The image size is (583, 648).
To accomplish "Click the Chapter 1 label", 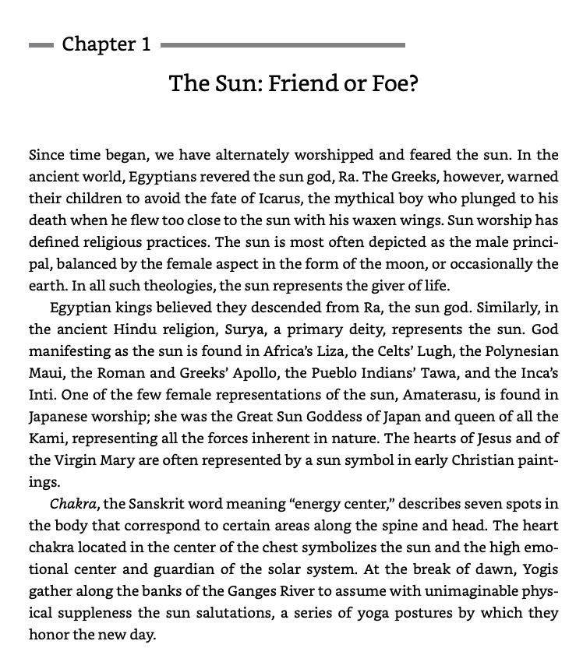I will tap(106, 44).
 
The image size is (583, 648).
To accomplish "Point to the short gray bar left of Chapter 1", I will tap(41, 45).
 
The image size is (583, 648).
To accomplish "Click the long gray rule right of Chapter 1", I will tap(282, 45).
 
